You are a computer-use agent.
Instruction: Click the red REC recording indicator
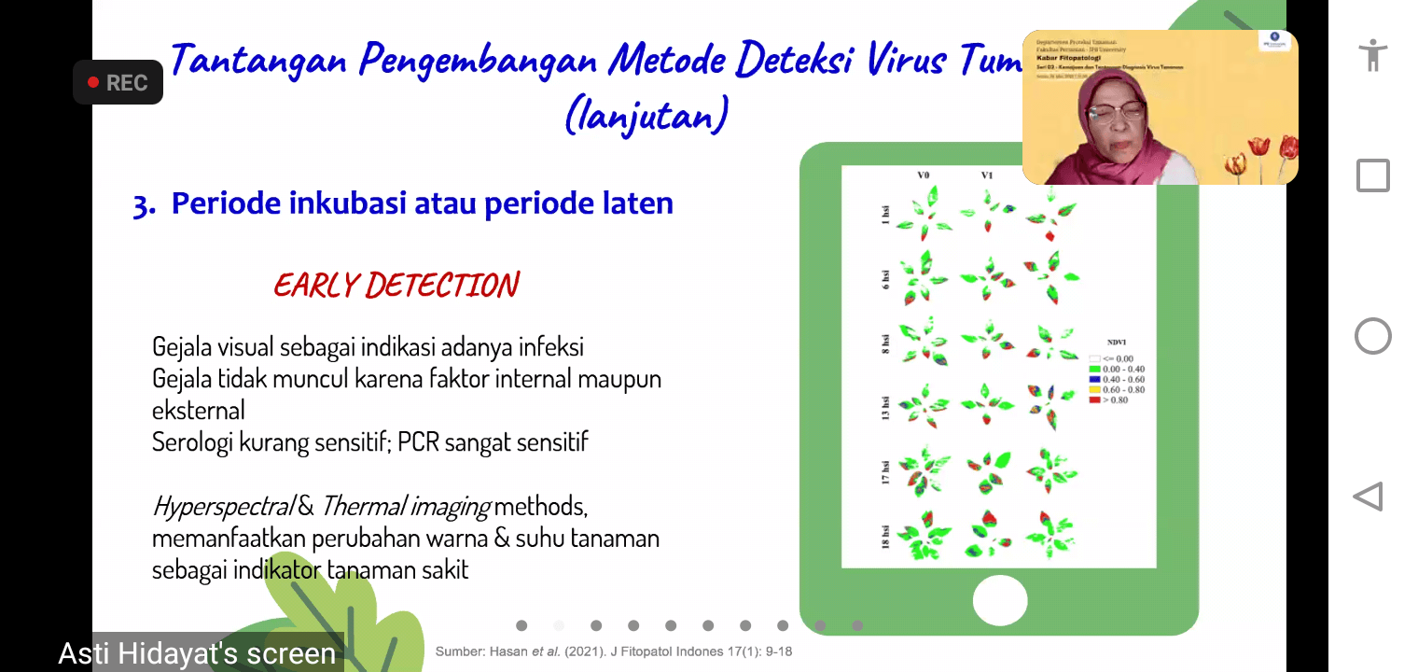point(118,83)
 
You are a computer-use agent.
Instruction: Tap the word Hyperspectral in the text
point(223,507)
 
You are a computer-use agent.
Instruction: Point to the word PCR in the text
point(419,441)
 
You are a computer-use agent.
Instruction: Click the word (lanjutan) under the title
point(646,117)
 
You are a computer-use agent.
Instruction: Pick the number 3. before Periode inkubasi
point(144,204)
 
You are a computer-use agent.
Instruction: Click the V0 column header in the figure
point(923,175)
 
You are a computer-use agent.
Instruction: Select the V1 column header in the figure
point(986,175)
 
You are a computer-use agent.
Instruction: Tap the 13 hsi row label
point(886,409)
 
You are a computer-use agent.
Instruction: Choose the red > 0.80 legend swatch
point(1094,400)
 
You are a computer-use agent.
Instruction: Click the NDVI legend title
point(1118,342)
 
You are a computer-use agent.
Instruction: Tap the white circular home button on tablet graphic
point(999,599)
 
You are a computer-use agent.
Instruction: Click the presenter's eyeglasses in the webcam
point(1116,109)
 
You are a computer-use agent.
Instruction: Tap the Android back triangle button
point(1369,497)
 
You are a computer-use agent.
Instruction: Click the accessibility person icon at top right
point(1372,55)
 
